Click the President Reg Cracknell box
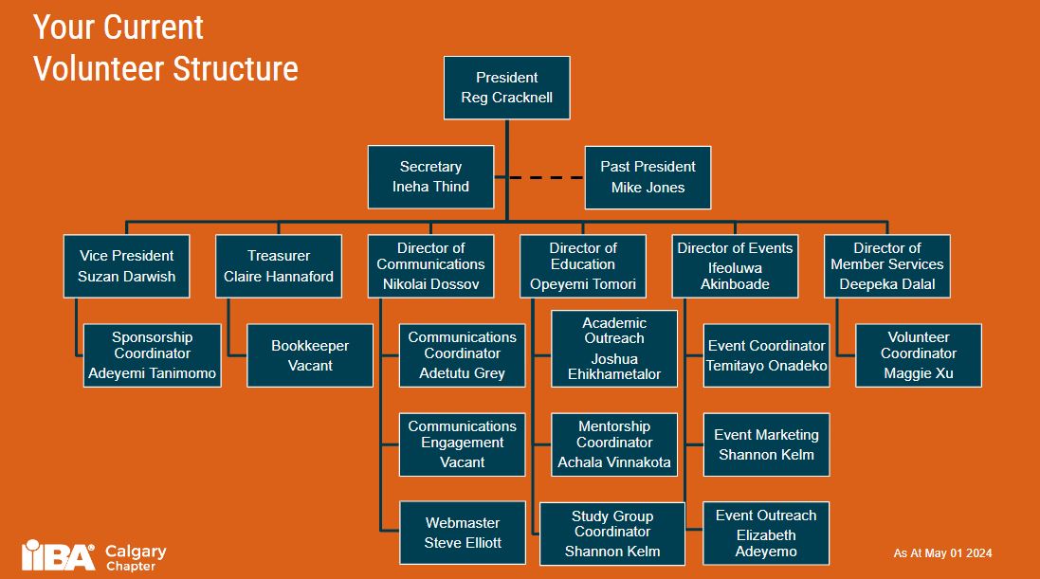506,87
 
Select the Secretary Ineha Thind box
430,177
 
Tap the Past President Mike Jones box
648,177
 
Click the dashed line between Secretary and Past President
539,177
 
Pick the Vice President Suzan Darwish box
126,266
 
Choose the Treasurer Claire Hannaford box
279,266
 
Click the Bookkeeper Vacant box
310,355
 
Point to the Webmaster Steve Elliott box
463,533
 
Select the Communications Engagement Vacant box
463,443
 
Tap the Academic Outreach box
614,349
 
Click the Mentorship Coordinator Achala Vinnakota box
614,443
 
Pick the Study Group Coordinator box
612,533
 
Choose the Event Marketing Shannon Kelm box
766,443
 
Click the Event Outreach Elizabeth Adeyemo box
766,533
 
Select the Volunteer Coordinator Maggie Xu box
918,355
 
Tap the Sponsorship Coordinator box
152,355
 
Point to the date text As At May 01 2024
942,553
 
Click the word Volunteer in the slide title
106,68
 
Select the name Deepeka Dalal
886,284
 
